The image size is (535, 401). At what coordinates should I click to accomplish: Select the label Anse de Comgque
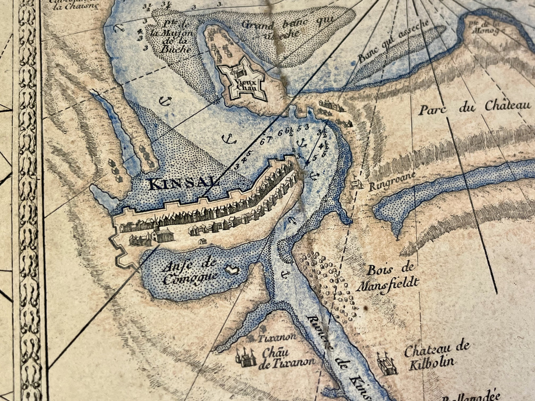[190, 272]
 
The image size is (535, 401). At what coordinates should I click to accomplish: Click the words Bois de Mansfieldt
[392, 276]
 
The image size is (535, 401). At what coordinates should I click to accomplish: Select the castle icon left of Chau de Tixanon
[245, 357]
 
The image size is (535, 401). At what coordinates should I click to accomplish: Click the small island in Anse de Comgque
[232, 271]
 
